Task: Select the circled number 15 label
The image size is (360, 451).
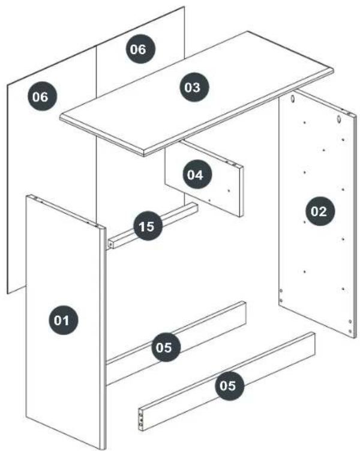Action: pyautogui.click(x=147, y=226)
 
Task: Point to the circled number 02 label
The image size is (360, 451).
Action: pyautogui.click(x=319, y=211)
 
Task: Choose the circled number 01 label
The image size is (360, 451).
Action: pyautogui.click(x=62, y=320)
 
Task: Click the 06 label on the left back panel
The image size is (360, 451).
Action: pyautogui.click(x=41, y=96)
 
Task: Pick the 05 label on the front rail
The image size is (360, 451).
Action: pyautogui.click(x=229, y=386)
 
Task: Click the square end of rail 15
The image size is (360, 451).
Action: pyautogui.click(x=110, y=245)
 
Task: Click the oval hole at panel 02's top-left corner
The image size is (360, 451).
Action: pyautogui.click(x=292, y=98)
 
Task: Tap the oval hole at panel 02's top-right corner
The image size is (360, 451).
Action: pyautogui.click(x=340, y=118)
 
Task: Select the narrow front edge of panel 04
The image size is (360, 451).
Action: pyautogui.click(x=241, y=191)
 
